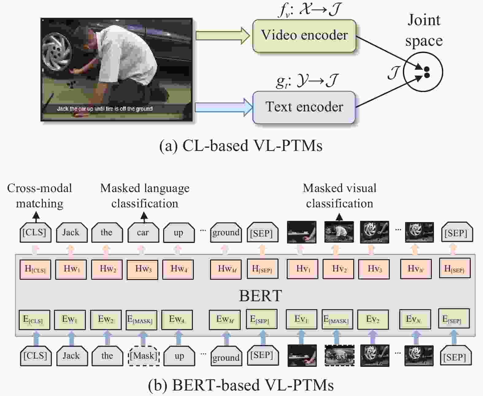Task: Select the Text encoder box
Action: coord(304,107)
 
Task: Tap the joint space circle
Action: coord(423,72)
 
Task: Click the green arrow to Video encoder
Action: coord(223,36)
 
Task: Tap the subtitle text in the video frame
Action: coord(105,109)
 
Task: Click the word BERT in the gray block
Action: coord(260,296)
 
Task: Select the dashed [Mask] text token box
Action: coord(144,356)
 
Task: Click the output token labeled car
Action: coord(143,233)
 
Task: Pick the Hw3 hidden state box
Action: coord(143,269)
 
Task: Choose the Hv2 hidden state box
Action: coord(339,269)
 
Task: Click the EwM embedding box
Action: coord(225,320)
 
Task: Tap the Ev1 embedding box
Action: coord(301,319)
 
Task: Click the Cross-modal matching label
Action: coord(40,196)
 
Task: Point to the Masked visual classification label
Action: coord(339,196)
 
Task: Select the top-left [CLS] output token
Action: coord(35,233)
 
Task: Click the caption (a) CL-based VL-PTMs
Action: coord(241,145)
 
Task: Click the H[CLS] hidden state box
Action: coord(35,269)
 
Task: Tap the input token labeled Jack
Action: coord(71,356)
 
